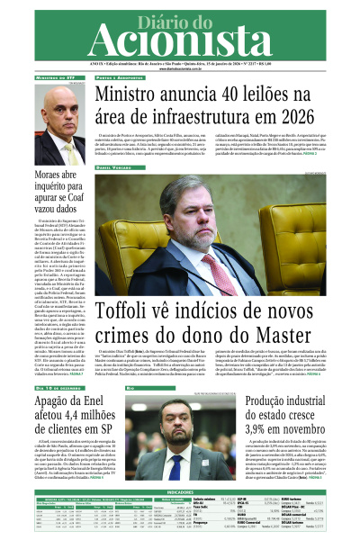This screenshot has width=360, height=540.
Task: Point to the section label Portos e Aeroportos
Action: [118, 78]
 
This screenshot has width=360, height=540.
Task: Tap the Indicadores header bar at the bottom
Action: [179, 492]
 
